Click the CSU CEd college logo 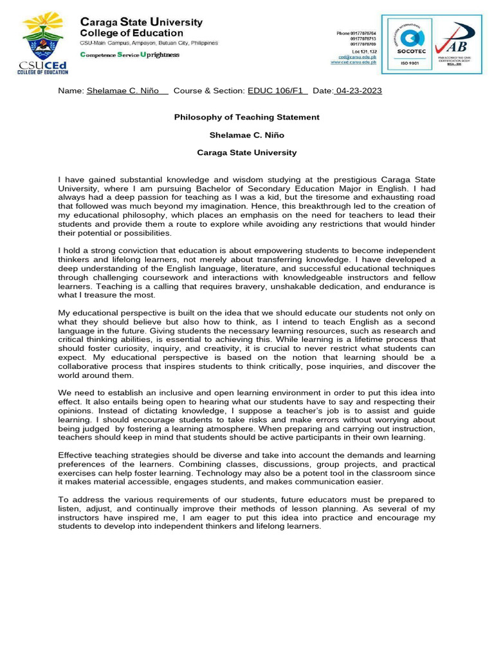pyautogui.click(x=43, y=43)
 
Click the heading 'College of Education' pyautogui.click(x=131, y=33)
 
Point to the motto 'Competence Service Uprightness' pyautogui.click(x=129, y=55)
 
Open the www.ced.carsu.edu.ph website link pyautogui.click(x=353, y=62)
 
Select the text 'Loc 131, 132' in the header pyautogui.click(x=364, y=51)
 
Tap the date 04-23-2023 pyautogui.click(x=358, y=91)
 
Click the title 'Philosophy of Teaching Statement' pyautogui.click(x=246, y=117)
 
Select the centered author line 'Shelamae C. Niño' pyautogui.click(x=246, y=135)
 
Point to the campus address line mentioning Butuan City pyautogui.click(x=149, y=43)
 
